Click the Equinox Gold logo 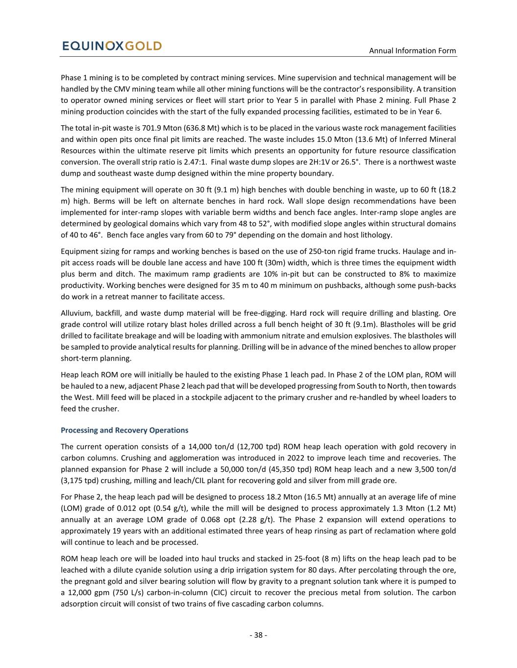[112, 46]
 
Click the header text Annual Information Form [412, 50]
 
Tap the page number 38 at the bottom [258, 635]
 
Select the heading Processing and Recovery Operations [124, 430]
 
